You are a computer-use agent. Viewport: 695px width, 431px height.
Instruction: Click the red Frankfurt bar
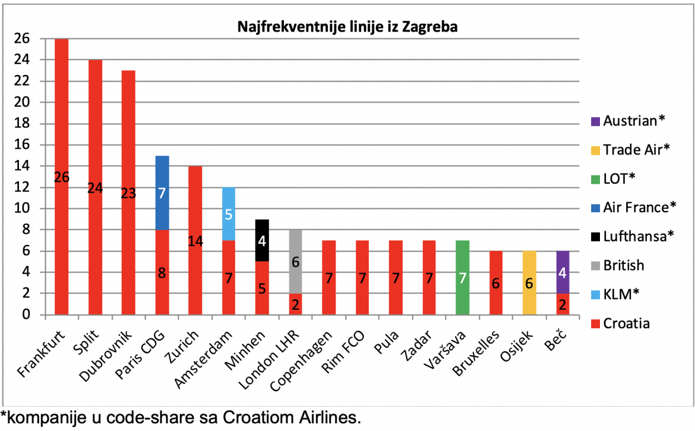point(62,177)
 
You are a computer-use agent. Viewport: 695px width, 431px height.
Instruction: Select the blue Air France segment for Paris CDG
point(162,193)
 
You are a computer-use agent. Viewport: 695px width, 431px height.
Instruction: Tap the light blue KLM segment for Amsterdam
point(229,214)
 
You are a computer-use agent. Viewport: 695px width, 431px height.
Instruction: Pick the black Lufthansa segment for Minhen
point(262,241)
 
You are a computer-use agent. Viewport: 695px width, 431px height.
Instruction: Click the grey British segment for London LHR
point(296,262)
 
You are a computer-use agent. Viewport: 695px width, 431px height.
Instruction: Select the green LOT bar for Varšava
point(462,278)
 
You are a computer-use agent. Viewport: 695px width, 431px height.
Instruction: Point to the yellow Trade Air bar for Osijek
point(529,283)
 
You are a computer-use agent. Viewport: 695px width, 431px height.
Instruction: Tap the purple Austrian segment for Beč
point(563,272)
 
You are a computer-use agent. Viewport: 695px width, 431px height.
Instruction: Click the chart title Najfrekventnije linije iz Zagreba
point(347,27)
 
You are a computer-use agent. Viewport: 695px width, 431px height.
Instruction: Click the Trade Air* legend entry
point(630,150)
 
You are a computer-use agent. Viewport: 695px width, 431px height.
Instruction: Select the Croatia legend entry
point(621,323)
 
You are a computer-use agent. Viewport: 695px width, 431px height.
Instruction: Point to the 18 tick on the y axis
point(22,123)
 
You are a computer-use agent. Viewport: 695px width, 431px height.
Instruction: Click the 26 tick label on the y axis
point(22,39)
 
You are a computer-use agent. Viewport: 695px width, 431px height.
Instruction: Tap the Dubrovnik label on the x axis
point(106,357)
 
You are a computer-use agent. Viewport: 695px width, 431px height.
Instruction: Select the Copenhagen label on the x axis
point(301,361)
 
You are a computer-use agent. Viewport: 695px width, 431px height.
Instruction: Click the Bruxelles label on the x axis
point(476,353)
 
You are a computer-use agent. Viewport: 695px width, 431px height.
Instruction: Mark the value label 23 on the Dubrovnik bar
point(128,193)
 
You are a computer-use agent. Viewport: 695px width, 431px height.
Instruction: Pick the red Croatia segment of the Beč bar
point(563,304)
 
